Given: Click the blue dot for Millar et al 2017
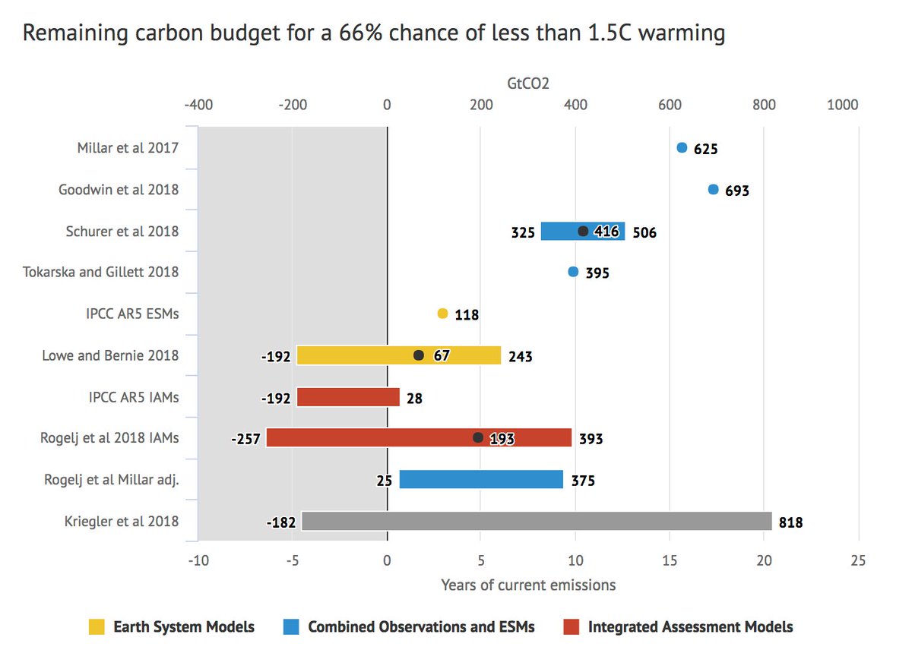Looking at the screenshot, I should tap(682, 147).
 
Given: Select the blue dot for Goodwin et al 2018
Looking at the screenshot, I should tap(713, 189).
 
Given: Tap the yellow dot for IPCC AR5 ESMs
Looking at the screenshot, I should tap(442, 313).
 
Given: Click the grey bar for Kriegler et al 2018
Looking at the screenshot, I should tap(537, 521).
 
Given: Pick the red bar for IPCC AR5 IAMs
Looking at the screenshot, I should tap(348, 396).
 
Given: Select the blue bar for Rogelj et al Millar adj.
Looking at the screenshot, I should tap(481, 479).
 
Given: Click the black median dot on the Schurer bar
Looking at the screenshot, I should tap(583, 231).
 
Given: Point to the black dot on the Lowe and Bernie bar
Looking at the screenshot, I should tap(418, 355).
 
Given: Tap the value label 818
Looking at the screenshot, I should tap(790, 522).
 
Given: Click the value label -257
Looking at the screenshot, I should tap(247, 439).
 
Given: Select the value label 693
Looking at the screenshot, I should tap(736, 191).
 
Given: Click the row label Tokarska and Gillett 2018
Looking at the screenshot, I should tap(101, 272).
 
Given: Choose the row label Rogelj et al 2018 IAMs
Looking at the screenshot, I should tap(109, 437).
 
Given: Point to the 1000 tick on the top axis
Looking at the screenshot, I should tap(842, 105).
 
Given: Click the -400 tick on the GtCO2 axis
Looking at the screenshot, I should tap(198, 105).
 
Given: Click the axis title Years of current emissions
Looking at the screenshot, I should tap(528, 585).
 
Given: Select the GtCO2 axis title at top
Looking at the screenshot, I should tap(528, 82).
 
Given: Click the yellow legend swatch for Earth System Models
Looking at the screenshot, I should tap(97, 626).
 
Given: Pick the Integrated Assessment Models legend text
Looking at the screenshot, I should tap(690, 626).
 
